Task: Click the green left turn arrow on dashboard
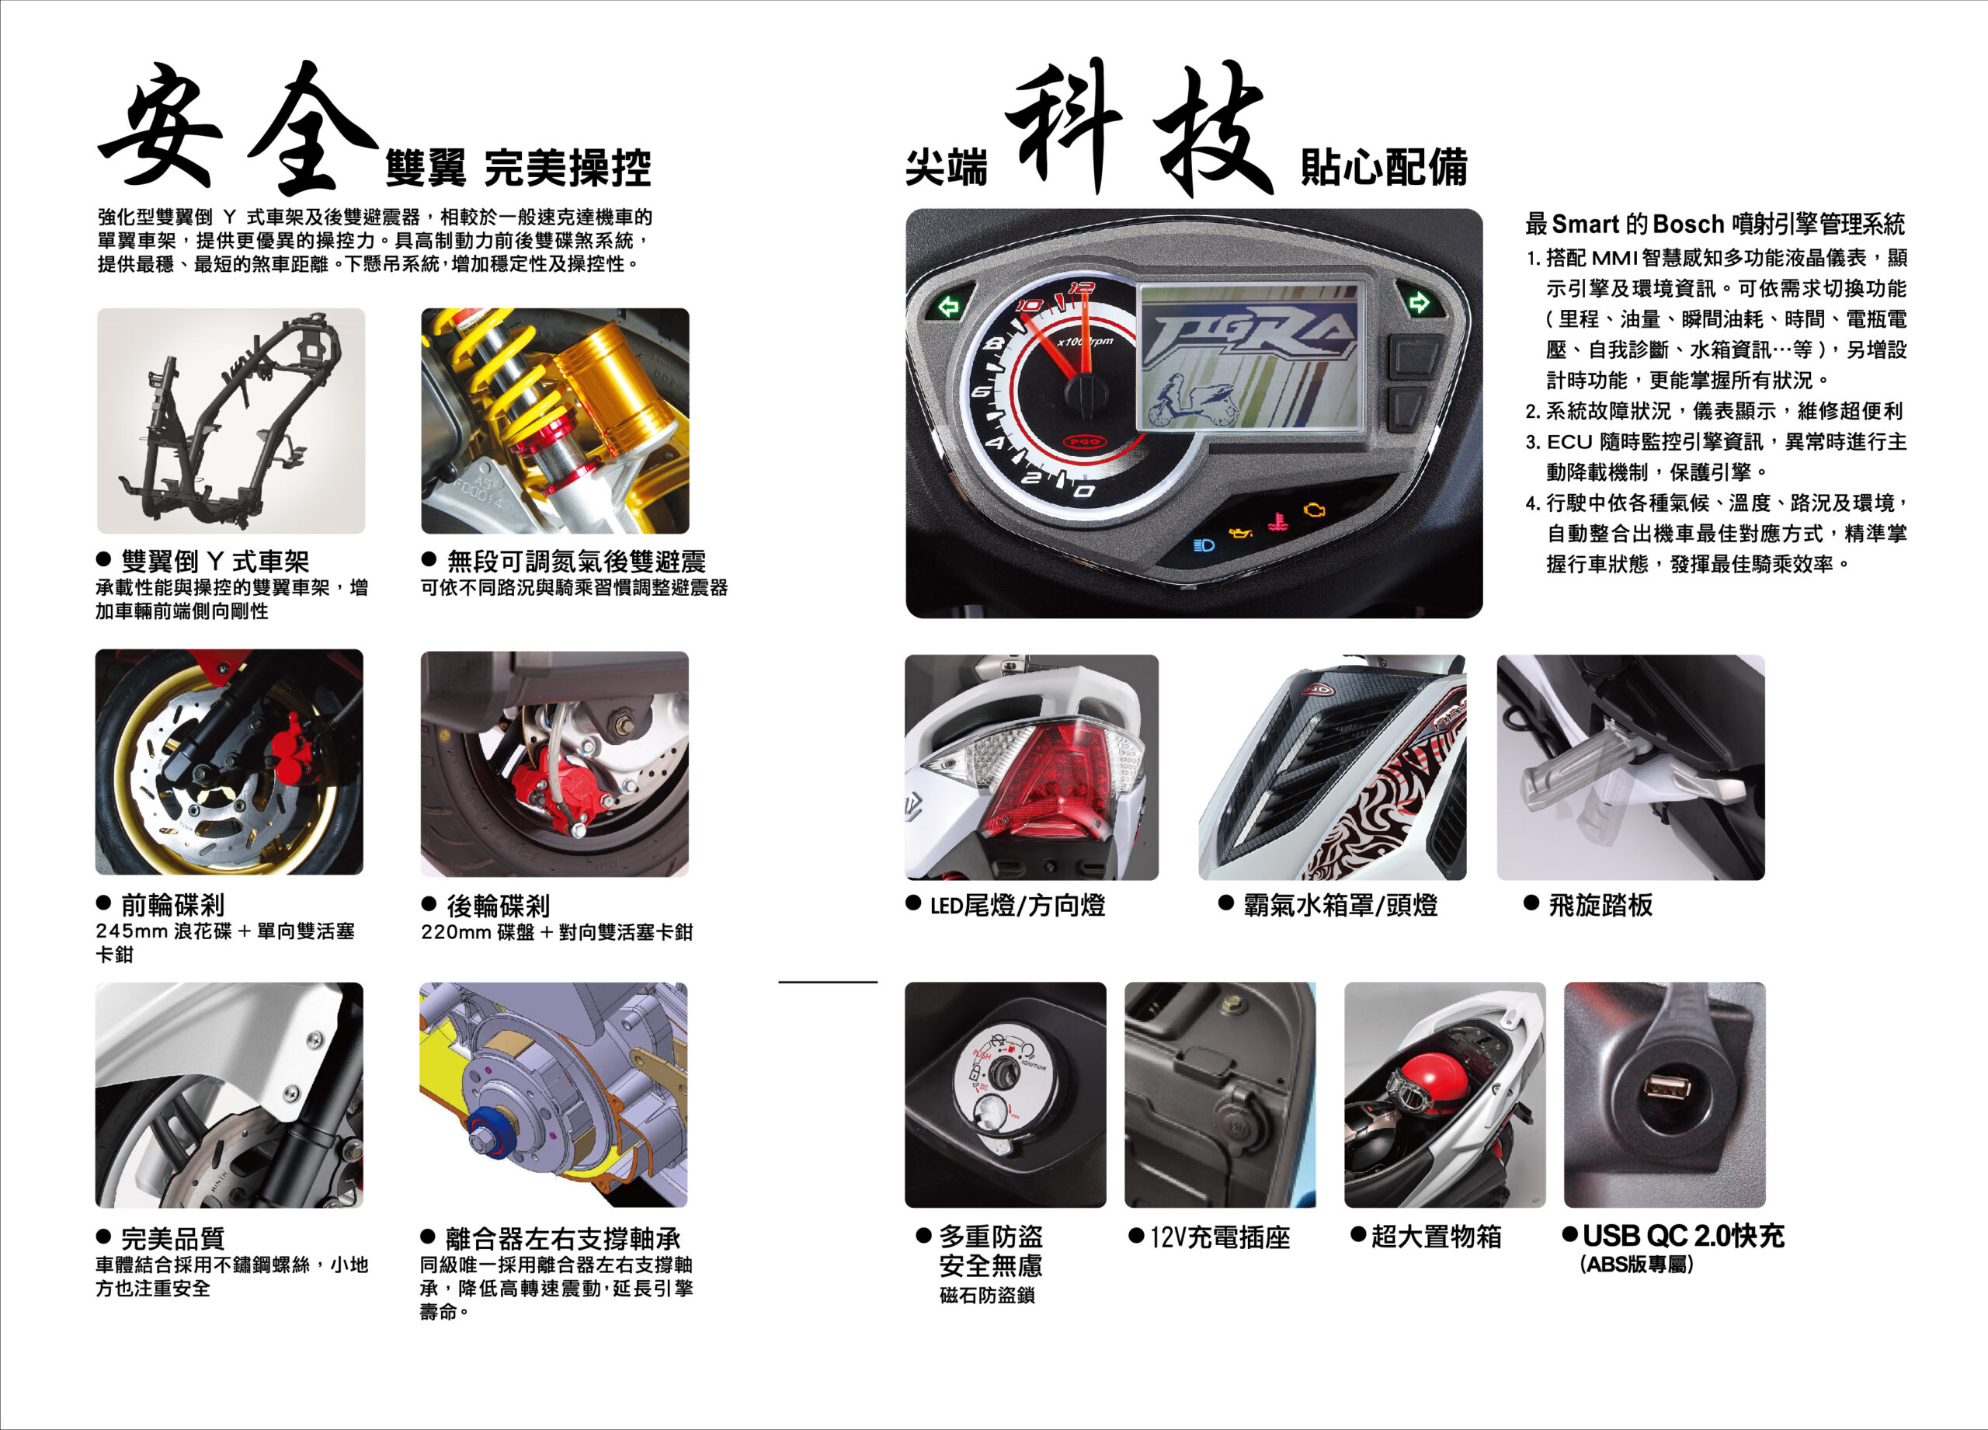coord(948,306)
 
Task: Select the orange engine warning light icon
coord(1314,510)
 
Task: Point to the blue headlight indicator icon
coord(1204,545)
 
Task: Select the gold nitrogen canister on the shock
coord(613,386)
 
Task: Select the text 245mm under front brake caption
coord(131,931)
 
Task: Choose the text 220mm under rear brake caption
coord(457,932)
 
